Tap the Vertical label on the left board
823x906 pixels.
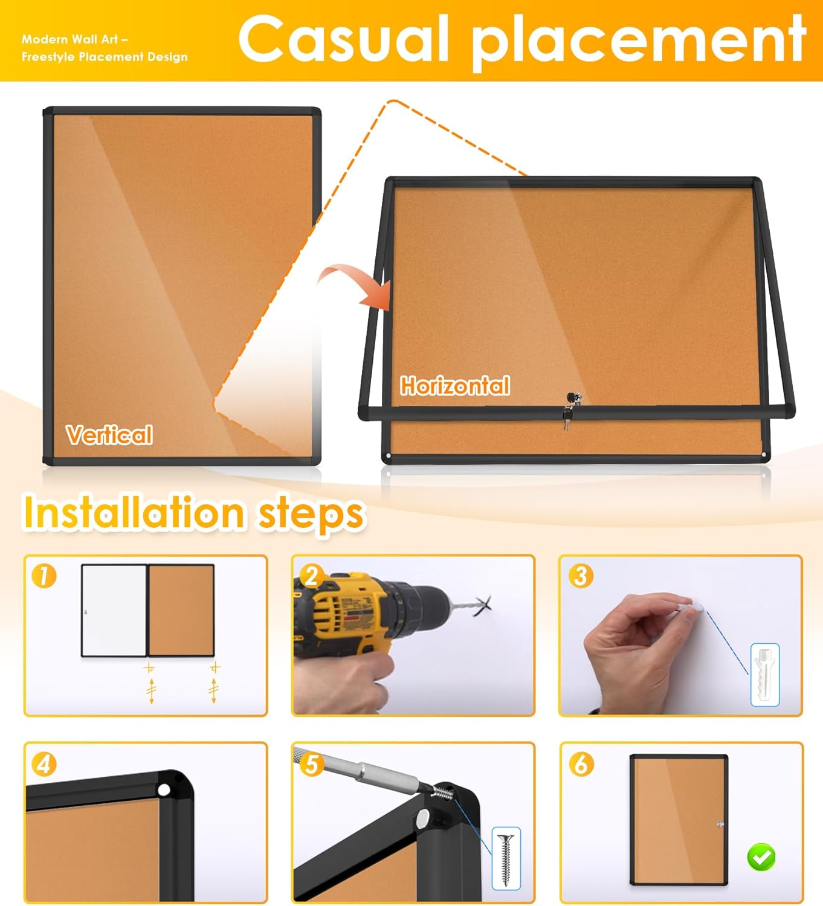coord(109,435)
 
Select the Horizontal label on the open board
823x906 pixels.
coord(455,385)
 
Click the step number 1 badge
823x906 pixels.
coord(44,576)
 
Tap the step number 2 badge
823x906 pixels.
coord(311,576)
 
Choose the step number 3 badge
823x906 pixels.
coord(579,576)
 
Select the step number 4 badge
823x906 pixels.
coord(44,765)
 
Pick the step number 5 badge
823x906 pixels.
coord(311,765)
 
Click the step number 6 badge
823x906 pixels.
coord(580,765)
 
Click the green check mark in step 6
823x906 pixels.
coord(761,857)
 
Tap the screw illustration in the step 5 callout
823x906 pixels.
coord(506,858)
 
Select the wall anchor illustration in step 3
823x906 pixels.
coord(764,674)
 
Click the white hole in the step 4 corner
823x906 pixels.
coord(164,789)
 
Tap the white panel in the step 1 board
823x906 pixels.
coord(114,610)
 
